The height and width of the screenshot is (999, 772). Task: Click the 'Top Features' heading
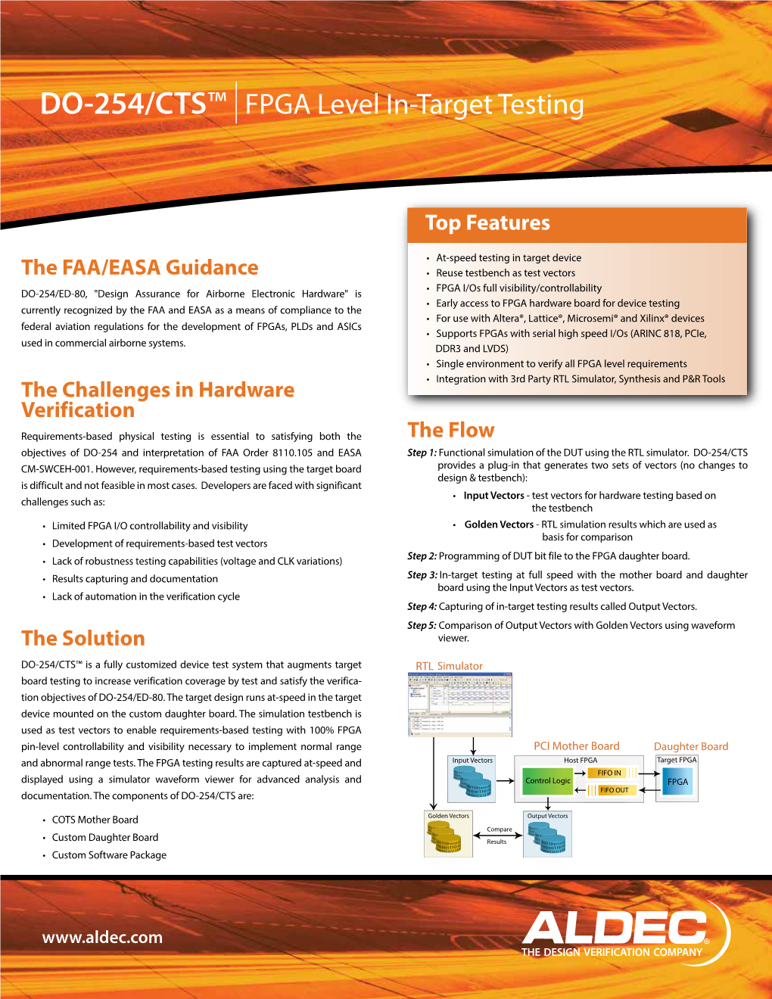click(487, 223)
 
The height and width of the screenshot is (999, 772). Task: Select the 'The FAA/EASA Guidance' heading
click(140, 268)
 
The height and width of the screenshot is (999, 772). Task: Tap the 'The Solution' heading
click(83, 639)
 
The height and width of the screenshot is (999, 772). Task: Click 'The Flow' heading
click(451, 431)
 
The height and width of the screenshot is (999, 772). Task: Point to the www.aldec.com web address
click(102, 938)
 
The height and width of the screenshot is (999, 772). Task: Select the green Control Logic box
click(548, 780)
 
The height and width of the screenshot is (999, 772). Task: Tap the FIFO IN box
click(609, 773)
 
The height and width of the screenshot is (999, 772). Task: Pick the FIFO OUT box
click(614, 790)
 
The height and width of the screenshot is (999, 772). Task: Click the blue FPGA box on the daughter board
click(677, 782)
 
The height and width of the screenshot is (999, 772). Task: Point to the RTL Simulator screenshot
click(460, 704)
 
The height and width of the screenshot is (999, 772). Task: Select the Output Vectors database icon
click(546, 838)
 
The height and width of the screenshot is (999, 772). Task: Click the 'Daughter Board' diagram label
click(691, 747)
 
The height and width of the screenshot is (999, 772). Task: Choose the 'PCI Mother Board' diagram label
click(576, 746)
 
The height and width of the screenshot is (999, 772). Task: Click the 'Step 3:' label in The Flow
click(422, 575)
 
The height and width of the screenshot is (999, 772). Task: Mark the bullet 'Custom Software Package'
click(109, 855)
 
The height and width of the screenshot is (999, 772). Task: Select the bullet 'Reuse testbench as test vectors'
click(505, 273)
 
